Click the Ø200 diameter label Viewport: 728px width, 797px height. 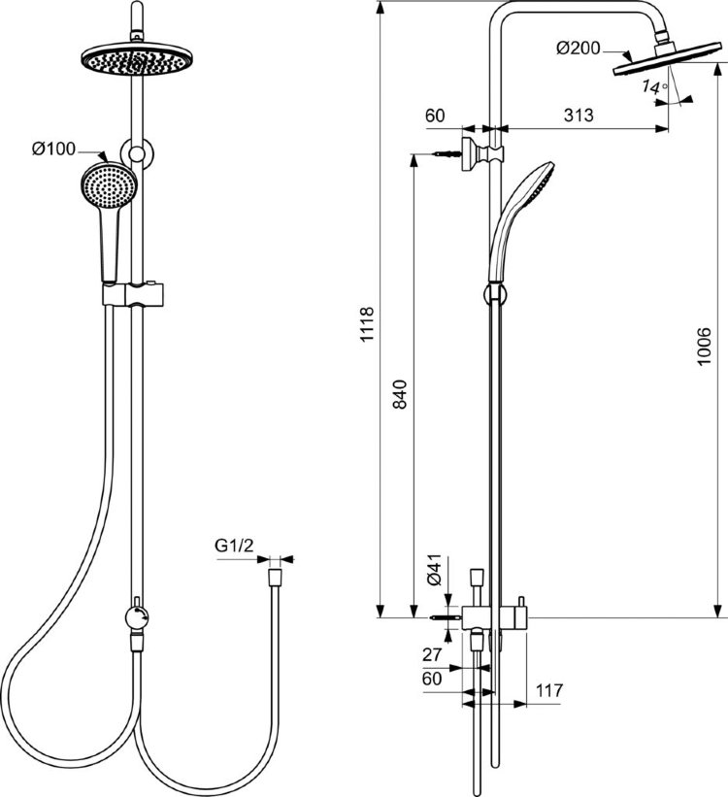(x=578, y=49)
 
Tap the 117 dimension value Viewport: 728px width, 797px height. (x=549, y=691)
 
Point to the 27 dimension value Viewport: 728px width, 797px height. (x=434, y=654)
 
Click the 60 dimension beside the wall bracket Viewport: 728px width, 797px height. (x=435, y=115)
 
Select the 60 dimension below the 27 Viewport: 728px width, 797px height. (x=434, y=679)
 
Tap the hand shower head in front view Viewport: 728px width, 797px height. (x=106, y=184)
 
